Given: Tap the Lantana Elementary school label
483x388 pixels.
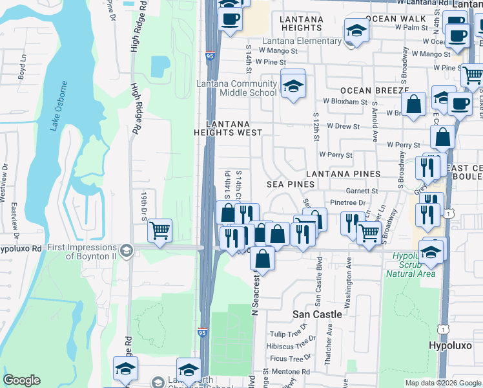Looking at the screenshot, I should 302,41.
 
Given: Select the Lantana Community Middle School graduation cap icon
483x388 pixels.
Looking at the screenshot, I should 293,85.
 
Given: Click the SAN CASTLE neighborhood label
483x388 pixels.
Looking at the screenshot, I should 317,314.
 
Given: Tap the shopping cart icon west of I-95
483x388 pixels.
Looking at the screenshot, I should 159,230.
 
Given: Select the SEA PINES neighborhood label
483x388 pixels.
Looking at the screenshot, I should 291,184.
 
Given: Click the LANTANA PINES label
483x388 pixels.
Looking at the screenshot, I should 343,174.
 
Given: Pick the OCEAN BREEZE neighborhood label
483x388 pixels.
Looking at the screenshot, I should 367,91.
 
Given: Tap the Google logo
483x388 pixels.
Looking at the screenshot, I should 21,380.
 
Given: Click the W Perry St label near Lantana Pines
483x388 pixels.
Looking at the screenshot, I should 336,155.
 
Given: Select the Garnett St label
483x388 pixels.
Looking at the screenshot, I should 362,191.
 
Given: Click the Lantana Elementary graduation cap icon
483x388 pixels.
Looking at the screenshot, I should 356,30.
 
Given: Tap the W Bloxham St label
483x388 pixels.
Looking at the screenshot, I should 345,102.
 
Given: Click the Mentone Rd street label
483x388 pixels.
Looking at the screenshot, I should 291,372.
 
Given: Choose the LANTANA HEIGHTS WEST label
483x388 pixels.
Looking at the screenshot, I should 229,127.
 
